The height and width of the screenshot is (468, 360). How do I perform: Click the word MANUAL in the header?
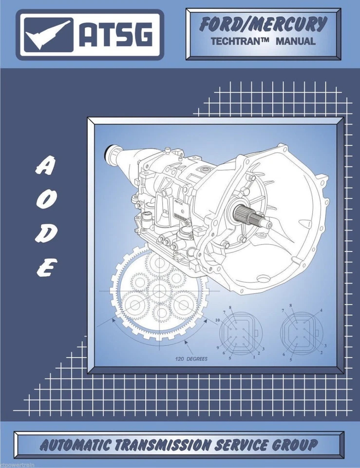click(x=296, y=41)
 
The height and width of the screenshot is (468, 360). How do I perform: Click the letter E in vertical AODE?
click(x=45, y=267)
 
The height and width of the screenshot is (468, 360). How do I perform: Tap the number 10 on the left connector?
click(x=216, y=319)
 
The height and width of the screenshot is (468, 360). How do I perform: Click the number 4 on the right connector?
click(x=321, y=311)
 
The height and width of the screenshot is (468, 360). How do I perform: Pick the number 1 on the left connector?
click(x=254, y=357)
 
